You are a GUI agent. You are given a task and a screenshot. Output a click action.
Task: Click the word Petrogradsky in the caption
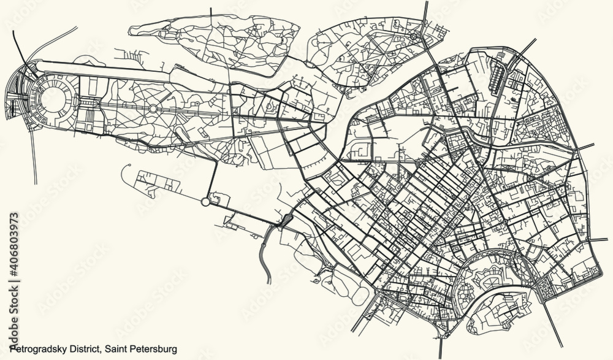coord(38,348)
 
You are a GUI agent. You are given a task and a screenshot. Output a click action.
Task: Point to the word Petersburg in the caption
coord(154,348)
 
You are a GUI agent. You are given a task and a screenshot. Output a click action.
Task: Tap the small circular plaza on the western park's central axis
coord(152,109)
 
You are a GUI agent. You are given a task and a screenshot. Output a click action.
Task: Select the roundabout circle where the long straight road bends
coord(205,201)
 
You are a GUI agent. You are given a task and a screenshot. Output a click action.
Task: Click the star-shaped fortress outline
coord(487,283)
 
